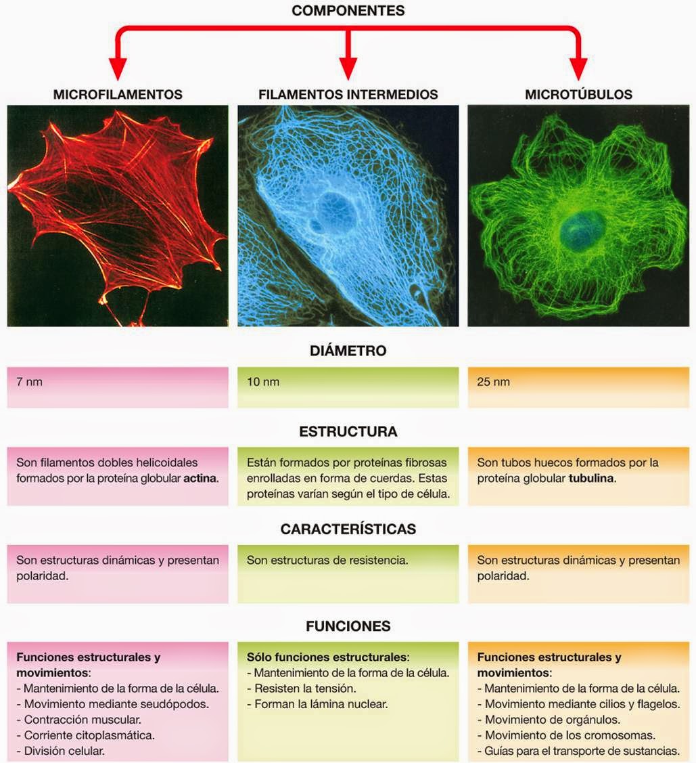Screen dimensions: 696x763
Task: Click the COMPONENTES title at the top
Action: point(348,11)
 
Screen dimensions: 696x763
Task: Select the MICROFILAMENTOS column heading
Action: point(118,95)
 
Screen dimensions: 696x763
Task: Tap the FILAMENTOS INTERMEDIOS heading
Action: point(348,95)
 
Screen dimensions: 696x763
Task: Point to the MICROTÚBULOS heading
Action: point(578,95)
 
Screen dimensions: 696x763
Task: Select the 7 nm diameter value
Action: point(30,382)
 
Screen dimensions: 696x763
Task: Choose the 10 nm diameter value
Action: point(263,382)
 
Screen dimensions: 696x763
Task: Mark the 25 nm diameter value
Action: point(493,382)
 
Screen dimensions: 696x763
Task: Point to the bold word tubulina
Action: point(593,479)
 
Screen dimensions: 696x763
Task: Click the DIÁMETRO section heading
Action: point(348,351)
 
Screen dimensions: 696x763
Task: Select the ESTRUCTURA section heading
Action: point(348,432)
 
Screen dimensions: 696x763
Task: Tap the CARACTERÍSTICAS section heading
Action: point(348,529)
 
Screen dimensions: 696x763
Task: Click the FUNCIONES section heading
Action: point(348,626)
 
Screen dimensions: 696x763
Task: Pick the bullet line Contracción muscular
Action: point(83,719)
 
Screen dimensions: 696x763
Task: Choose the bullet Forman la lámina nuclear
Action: point(317,704)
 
